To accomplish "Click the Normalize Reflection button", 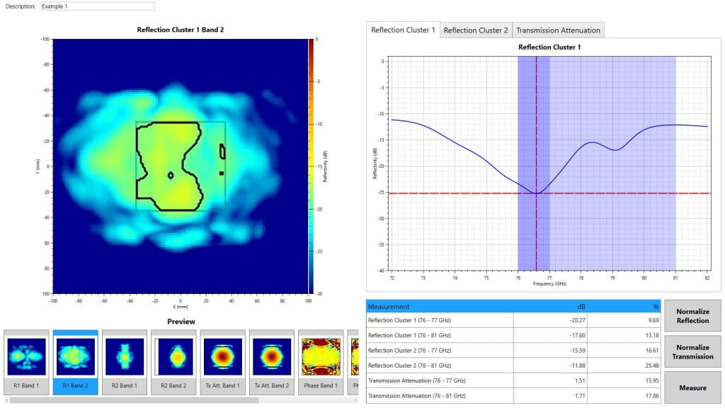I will pyautogui.click(x=692, y=316).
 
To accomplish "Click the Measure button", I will pyautogui.click(x=692, y=387).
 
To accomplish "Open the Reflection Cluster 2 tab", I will pyautogui.click(x=476, y=30).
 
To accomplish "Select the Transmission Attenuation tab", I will pyautogui.click(x=558, y=30).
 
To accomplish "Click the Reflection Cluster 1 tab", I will pyautogui.click(x=403, y=30).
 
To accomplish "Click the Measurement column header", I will pyautogui.click(x=389, y=306).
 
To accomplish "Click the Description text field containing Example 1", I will pyautogui.click(x=97, y=6).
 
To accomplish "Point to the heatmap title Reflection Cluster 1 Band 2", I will pyautogui.click(x=181, y=30).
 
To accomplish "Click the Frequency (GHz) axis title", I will pyautogui.click(x=551, y=283).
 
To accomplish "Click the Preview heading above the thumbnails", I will pyautogui.click(x=181, y=322).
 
